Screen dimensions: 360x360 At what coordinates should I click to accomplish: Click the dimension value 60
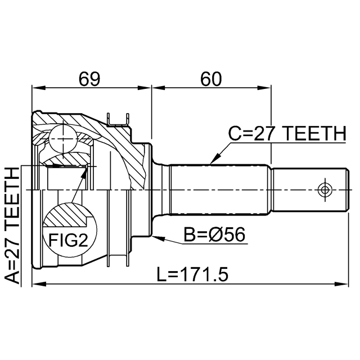(210, 79)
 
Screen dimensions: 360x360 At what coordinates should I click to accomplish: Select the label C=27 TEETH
(287, 134)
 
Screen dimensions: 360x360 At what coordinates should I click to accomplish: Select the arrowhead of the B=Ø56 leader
(157, 238)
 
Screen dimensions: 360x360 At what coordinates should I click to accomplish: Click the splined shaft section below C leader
(219, 190)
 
